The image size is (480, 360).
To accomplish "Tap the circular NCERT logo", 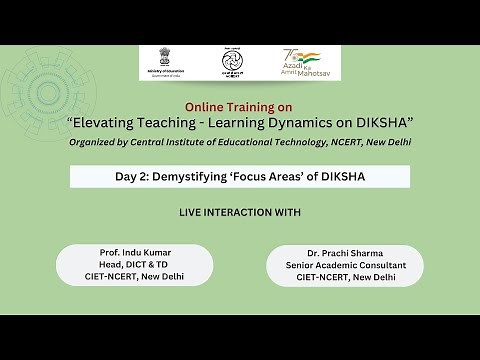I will point(233,63).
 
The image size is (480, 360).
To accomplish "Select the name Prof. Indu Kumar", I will point(135,252).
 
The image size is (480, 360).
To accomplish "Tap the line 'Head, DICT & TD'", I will point(135,264).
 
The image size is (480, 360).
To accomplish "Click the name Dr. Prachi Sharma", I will point(344,254).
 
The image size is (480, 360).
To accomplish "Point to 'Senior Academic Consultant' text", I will point(344,265).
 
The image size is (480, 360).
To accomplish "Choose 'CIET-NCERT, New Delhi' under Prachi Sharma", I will point(344,277).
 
